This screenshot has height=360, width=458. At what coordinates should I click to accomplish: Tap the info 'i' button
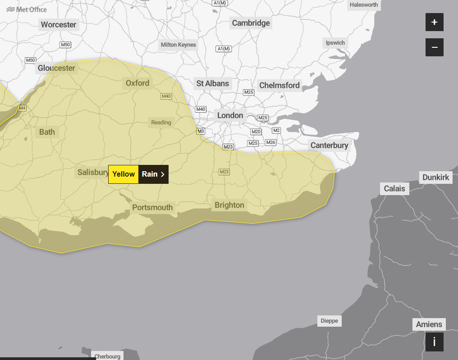(x=434, y=342)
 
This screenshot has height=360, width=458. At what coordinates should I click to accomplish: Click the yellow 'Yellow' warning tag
(x=124, y=174)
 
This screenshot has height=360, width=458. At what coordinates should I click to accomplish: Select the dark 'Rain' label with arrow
(x=153, y=174)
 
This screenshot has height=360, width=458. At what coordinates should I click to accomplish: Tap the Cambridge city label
(x=251, y=23)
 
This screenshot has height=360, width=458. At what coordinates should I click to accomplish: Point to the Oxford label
(x=137, y=83)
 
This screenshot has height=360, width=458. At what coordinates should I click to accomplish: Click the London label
(x=230, y=115)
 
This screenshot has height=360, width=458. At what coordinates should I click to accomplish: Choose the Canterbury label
(x=329, y=145)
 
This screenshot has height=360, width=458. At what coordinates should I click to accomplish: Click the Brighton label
(x=229, y=205)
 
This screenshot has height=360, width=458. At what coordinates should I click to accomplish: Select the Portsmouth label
(x=152, y=207)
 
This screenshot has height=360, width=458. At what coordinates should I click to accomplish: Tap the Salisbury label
(x=92, y=172)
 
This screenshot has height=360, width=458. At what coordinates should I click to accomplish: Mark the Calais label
(x=394, y=188)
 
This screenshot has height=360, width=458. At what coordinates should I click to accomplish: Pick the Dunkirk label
(x=435, y=177)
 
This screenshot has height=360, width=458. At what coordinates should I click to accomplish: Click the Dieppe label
(x=329, y=321)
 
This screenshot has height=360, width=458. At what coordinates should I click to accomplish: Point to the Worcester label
(x=59, y=24)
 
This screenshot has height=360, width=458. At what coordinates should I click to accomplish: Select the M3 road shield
(x=201, y=131)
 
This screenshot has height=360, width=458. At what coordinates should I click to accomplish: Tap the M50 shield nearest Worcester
(x=65, y=45)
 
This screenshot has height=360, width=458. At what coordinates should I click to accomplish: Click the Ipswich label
(x=335, y=43)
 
